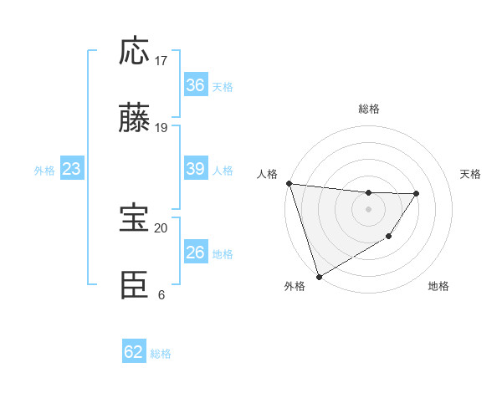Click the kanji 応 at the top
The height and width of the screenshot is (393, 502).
(x=135, y=52)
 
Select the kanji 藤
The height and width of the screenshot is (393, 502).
(x=135, y=119)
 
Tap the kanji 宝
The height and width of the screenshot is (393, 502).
(x=135, y=219)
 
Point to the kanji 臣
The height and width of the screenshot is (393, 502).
(x=135, y=286)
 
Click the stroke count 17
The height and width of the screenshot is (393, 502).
(x=161, y=60)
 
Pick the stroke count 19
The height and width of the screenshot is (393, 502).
(x=161, y=127)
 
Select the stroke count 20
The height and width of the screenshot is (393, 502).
(x=161, y=227)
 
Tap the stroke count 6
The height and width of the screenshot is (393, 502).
(x=161, y=294)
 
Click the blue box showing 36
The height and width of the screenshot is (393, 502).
(x=195, y=84)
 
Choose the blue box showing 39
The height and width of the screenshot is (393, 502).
(x=195, y=169)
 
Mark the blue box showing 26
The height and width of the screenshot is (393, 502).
(x=195, y=253)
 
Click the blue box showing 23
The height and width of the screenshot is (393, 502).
(x=71, y=169)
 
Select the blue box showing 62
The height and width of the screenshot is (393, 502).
(x=134, y=352)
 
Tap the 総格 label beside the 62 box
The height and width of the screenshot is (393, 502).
(x=161, y=354)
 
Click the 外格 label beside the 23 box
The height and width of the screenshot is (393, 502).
(x=44, y=171)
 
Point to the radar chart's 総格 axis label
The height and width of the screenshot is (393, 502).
(x=368, y=109)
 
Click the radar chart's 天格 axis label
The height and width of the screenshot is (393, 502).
(x=470, y=174)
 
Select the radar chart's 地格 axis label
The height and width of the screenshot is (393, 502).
(x=438, y=286)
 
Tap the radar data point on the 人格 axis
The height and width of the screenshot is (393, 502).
(x=289, y=183)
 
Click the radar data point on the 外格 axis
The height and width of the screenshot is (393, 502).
(x=319, y=276)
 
